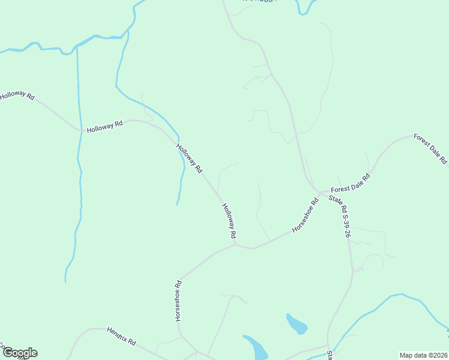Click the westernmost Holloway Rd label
(17, 95)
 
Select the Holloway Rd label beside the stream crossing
(190, 158)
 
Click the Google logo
(20, 353)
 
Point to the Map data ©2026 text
(424, 355)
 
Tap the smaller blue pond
(297, 325)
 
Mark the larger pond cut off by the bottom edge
(256, 347)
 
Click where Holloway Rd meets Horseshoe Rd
(235, 244)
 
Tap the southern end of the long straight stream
(65, 281)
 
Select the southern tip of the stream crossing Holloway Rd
(176, 205)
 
